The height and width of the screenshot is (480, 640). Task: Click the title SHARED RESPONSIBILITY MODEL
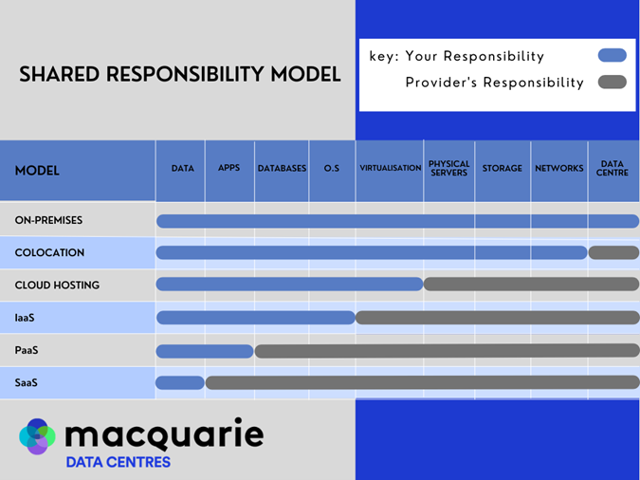click(180, 74)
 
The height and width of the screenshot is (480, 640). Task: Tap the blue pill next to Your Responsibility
click(612, 56)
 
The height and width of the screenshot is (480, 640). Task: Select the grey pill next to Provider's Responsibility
click(612, 83)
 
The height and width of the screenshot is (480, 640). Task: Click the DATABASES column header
click(282, 169)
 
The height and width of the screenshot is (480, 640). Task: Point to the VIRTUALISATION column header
click(390, 169)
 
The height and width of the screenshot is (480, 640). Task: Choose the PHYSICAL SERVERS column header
click(448, 169)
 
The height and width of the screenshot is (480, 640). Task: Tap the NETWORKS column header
click(558, 169)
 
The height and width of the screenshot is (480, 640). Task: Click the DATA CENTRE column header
click(612, 169)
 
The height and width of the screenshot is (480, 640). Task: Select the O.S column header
click(331, 169)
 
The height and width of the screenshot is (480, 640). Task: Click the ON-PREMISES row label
click(48, 220)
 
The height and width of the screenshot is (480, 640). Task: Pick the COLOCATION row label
click(49, 252)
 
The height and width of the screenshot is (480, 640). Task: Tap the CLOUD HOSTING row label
click(57, 285)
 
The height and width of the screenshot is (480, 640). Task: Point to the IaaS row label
click(25, 318)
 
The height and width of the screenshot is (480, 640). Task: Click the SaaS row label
click(26, 382)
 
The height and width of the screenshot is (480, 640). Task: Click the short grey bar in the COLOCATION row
click(613, 252)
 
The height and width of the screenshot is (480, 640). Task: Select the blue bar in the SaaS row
click(180, 383)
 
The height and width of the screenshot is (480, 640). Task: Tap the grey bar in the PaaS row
click(446, 351)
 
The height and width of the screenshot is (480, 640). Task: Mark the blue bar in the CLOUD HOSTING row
click(289, 285)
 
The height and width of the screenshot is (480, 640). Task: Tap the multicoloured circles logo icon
click(38, 436)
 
